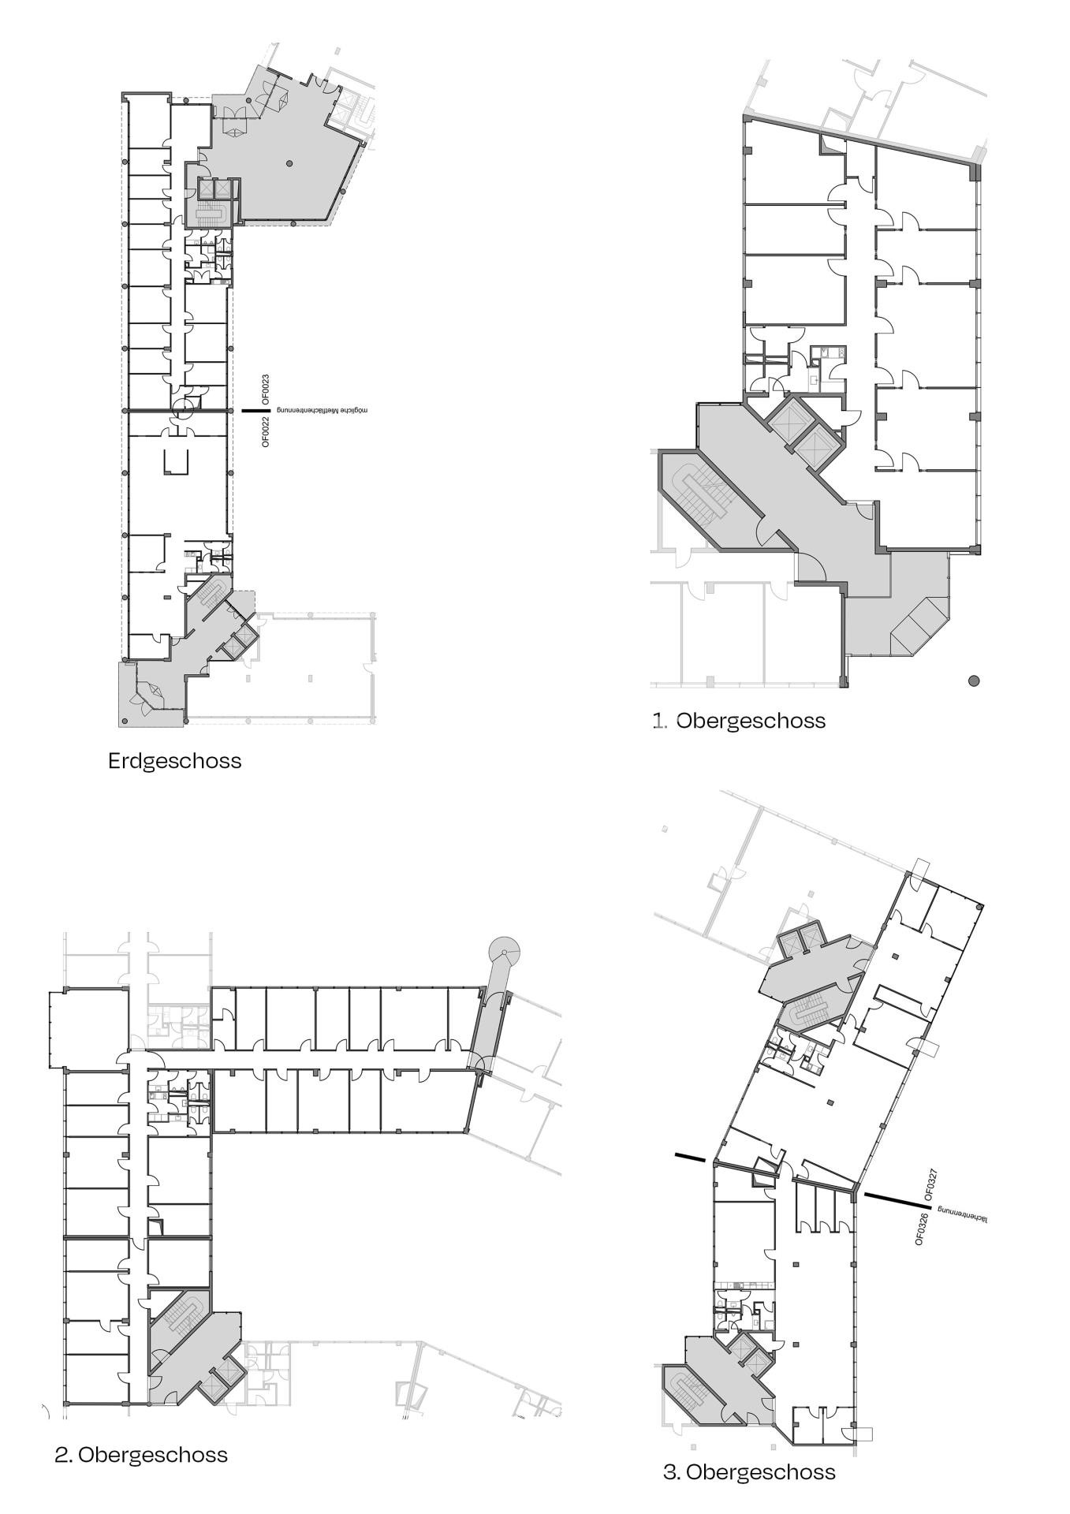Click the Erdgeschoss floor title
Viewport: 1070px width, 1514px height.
(x=174, y=761)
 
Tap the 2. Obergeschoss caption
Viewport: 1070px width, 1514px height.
(x=141, y=1454)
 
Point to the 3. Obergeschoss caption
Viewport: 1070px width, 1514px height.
(x=749, y=1471)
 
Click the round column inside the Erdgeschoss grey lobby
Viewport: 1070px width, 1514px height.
(x=289, y=163)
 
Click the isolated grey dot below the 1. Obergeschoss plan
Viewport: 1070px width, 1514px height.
(x=974, y=681)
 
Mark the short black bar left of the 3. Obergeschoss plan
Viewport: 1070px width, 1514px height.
(x=691, y=1158)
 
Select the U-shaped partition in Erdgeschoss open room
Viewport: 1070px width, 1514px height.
(x=176, y=461)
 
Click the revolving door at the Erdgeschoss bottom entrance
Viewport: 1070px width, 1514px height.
(x=149, y=694)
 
